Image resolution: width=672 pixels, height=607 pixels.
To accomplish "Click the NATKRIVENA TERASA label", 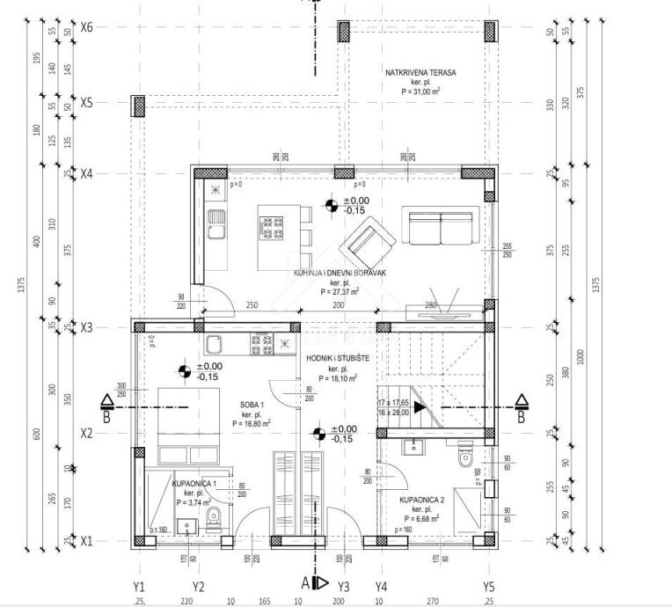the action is [x=420, y=73].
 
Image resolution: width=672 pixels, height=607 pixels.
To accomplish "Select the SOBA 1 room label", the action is [x=251, y=405].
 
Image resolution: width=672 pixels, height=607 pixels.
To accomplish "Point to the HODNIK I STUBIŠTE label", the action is [x=338, y=359].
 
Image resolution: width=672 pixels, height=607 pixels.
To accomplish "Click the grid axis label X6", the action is [x=86, y=27].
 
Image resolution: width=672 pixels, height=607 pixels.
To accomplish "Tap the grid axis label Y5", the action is [x=488, y=586].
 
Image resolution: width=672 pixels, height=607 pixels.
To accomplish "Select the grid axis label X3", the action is [x=86, y=326].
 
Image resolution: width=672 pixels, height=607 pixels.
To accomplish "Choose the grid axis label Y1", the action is [x=138, y=586].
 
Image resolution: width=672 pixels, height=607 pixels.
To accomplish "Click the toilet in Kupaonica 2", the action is [x=467, y=457].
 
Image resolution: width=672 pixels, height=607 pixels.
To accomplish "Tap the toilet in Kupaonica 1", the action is [x=212, y=517].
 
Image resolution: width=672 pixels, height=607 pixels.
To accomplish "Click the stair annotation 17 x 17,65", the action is [x=392, y=402].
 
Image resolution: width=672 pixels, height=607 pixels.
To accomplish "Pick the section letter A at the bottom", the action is [x=306, y=582].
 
